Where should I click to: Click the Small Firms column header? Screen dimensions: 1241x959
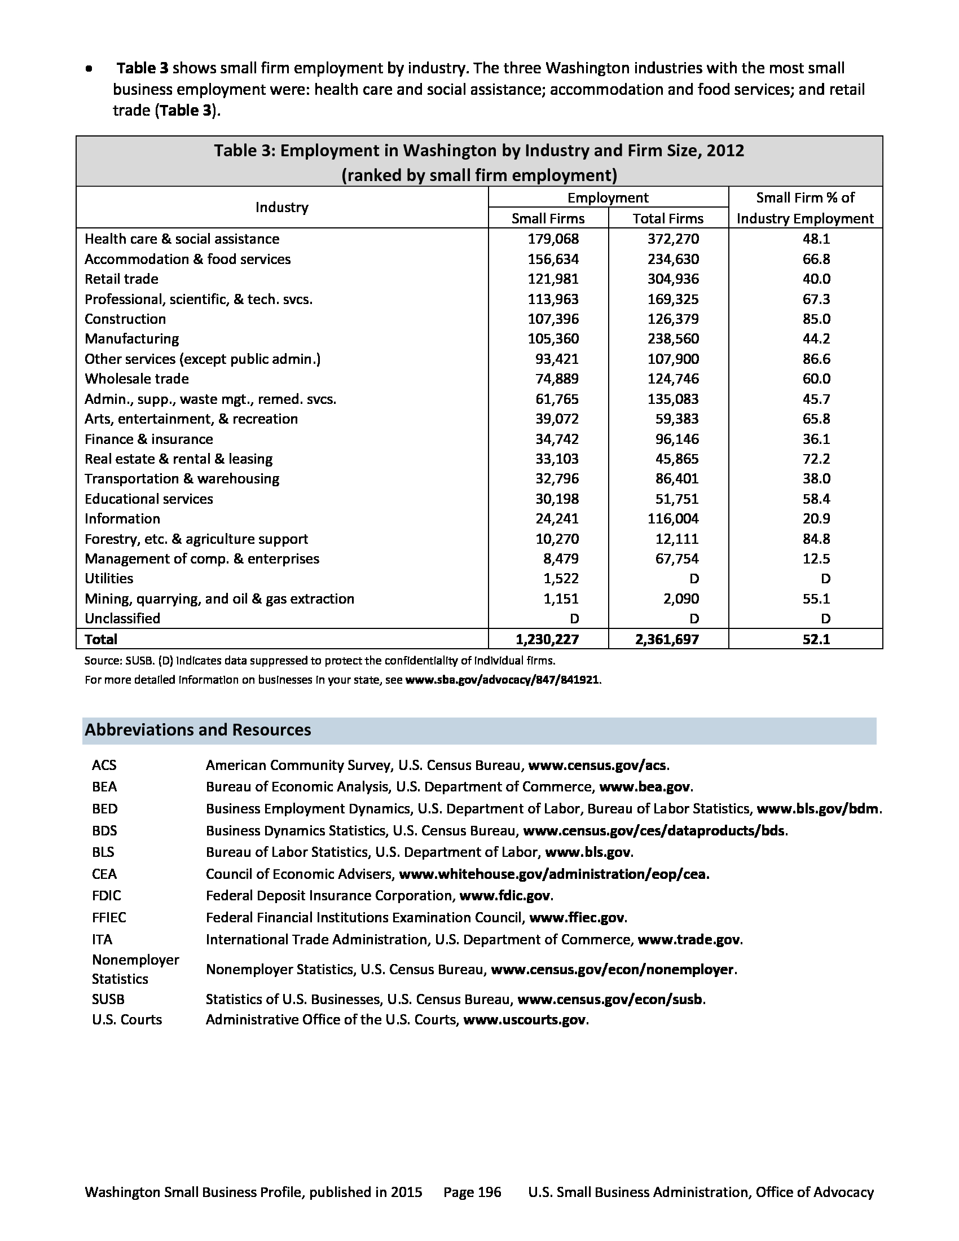(548, 219)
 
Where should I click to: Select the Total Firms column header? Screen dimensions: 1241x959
(668, 219)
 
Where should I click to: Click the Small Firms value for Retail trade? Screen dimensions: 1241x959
(553, 279)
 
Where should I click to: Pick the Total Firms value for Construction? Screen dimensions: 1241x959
(673, 319)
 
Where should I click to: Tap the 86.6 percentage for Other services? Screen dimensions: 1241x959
(816, 359)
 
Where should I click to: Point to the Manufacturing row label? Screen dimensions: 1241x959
(132, 339)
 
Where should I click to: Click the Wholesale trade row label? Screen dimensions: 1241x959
(137, 379)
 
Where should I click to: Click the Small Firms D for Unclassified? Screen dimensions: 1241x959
(574, 619)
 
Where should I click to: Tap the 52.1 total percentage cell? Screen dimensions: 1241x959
(816, 639)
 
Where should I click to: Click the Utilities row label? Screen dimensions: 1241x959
(109, 578)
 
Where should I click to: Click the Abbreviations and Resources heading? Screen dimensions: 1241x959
(197, 730)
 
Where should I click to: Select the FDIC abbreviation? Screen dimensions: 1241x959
(107, 896)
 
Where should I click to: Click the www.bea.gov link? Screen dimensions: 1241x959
(645, 787)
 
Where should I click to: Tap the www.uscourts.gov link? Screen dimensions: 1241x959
(525, 1019)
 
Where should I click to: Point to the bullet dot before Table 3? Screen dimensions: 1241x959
(89, 69)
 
